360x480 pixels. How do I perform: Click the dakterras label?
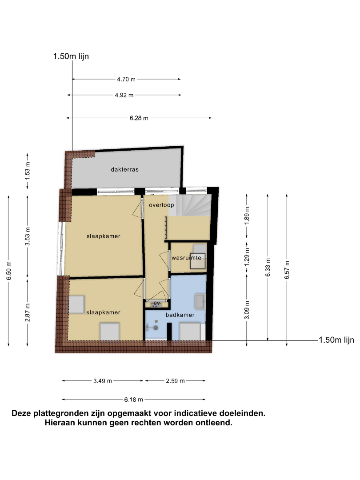124,169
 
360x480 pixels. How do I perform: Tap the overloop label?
161,205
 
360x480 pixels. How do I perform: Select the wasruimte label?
186,258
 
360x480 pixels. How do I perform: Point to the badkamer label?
180,315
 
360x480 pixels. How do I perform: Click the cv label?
157,303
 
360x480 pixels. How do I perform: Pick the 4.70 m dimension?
126,79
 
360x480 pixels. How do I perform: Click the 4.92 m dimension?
124,95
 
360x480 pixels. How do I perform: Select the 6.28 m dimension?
139,118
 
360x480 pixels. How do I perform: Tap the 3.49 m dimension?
103,381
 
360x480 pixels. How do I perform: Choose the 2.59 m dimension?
176,381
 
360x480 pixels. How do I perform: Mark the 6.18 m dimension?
133,400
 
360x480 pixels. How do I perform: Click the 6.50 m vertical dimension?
9,271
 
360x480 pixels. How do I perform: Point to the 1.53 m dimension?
28,170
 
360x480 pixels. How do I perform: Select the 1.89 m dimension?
247,216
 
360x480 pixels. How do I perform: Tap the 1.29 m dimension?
247,256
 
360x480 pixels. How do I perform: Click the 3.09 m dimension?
247,310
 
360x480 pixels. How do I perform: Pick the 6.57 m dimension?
287,270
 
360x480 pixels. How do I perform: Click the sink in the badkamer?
200,301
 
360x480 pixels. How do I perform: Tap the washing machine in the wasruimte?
198,261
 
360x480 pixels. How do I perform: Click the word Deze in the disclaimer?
21,413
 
